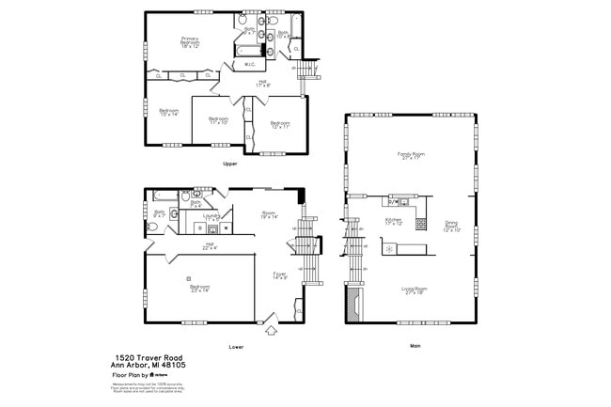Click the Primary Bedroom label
(x=190, y=42)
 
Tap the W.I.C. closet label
(x=250, y=65)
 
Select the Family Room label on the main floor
(x=411, y=156)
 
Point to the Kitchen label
(x=393, y=222)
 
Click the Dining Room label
(x=452, y=226)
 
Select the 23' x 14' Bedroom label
(x=198, y=290)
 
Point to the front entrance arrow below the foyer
(x=271, y=330)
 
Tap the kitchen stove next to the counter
(x=387, y=249)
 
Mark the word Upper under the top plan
(x=229, y=164)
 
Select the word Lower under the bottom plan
(x=236, y=346)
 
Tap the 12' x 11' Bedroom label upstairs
(x=280, y=125)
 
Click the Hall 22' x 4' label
(x=211, y=246)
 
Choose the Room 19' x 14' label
(x=270, y=214)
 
